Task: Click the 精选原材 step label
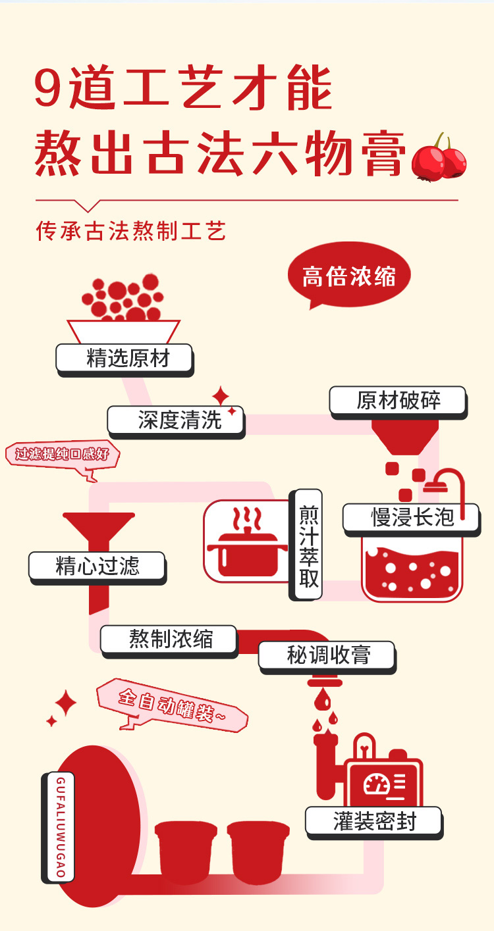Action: click(x=124, y=359)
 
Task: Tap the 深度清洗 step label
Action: click(x=176, y=420)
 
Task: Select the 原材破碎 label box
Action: click(x=398, y=401)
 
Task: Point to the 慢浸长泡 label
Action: click(x=412, y=517)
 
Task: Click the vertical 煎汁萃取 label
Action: click(x=308, y=544)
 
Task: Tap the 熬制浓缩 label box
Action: click(x=169, y=639)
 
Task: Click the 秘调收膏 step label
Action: click(x=327, y=655)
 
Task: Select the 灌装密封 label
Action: click(x=373, y=821)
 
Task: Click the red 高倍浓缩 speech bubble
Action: click(x=348, y=276)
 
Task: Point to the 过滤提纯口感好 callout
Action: click(x=63, y=455)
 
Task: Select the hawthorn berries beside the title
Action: click(x=438, y=158)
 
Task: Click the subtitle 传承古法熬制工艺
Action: click(x=131, y=232)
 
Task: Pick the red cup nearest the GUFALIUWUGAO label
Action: click(x=186, y=851)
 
